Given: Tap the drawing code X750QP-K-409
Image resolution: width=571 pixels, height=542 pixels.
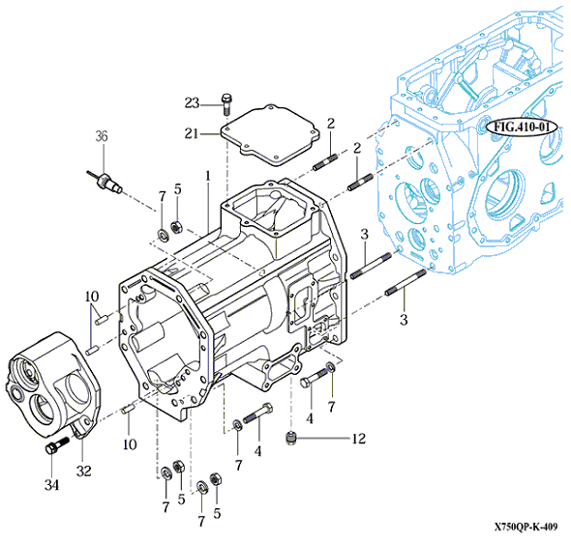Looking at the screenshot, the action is click(526, 527).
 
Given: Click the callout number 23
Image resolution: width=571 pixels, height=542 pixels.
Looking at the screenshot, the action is click(192, 103).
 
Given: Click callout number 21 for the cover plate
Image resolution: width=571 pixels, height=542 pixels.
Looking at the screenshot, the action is click(192, 133).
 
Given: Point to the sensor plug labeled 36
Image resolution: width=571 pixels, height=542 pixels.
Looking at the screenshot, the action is click(105, 181).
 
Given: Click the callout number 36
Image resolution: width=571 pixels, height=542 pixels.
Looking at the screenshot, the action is click(102, 136).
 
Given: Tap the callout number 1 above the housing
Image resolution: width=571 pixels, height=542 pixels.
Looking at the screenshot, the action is click(207, 176).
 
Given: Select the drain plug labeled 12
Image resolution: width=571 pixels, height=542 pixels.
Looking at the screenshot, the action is click(290, 437).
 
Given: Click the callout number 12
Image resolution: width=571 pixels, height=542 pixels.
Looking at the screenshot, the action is click(358, 439).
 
